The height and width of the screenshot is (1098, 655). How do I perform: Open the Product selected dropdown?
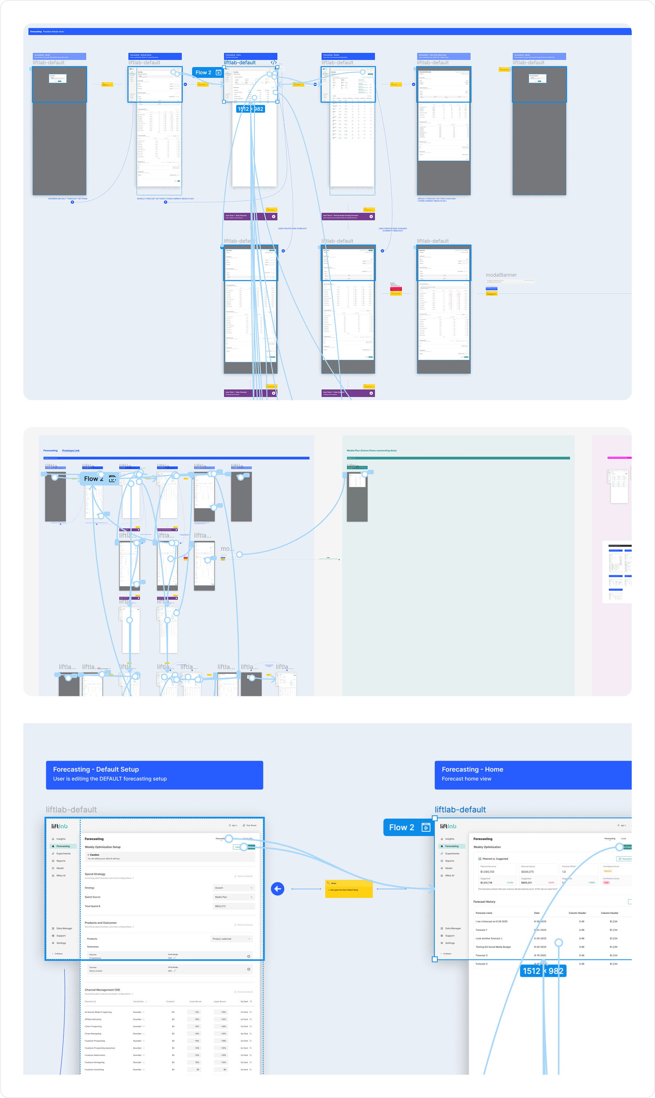[232, 939]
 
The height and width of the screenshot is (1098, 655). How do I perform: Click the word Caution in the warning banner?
[95, 855]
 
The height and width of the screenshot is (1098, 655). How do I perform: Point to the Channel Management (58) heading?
[102, 990]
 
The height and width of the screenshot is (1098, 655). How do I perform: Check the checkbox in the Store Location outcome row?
[249, 969]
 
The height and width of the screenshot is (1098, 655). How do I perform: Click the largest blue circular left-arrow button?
[278, 889]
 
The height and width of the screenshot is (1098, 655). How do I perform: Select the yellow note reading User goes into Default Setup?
[349, 889]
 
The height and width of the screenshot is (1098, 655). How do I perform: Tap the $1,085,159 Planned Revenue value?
[487, 872]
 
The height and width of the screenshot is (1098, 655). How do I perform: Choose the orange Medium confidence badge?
[608, 871]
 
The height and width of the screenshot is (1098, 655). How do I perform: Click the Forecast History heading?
[484, 902]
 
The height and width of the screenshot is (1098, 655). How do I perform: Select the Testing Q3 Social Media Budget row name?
[493, 947]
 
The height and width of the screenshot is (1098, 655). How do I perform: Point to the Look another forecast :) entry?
[489, 938]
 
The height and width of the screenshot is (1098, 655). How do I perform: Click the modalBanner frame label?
[501, 275]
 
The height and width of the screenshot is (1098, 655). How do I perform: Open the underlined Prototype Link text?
[71, 450]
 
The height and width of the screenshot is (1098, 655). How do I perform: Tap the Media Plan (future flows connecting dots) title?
[372, 450]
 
